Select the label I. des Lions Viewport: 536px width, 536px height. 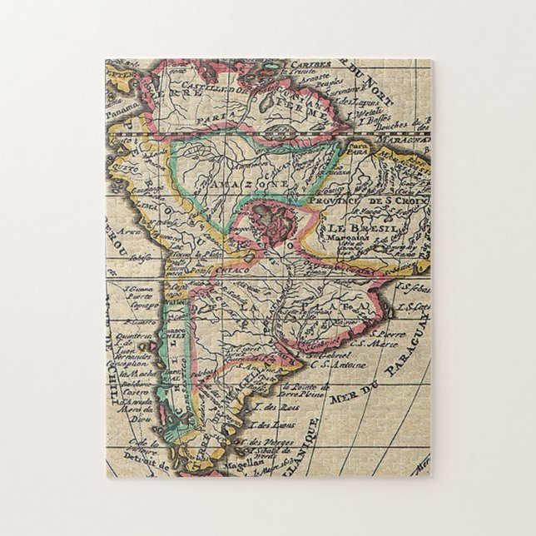click(x=270, y=424)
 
